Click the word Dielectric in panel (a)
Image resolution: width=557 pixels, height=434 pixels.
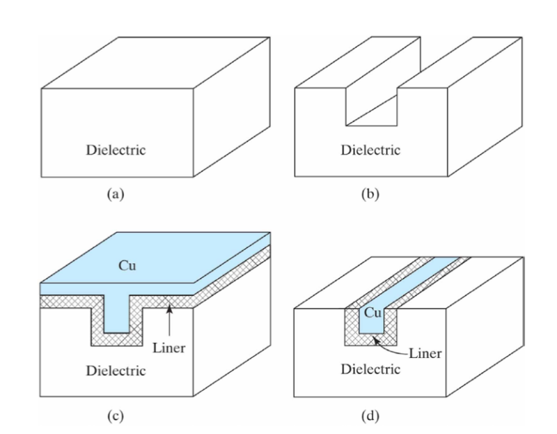click(x=116, y=150)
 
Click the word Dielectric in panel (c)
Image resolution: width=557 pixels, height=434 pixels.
click(x=116, y=369)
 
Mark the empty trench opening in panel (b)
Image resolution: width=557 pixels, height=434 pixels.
click(x=372, y=98)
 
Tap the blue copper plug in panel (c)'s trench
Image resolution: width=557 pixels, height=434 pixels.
click(x=116, y=313)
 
